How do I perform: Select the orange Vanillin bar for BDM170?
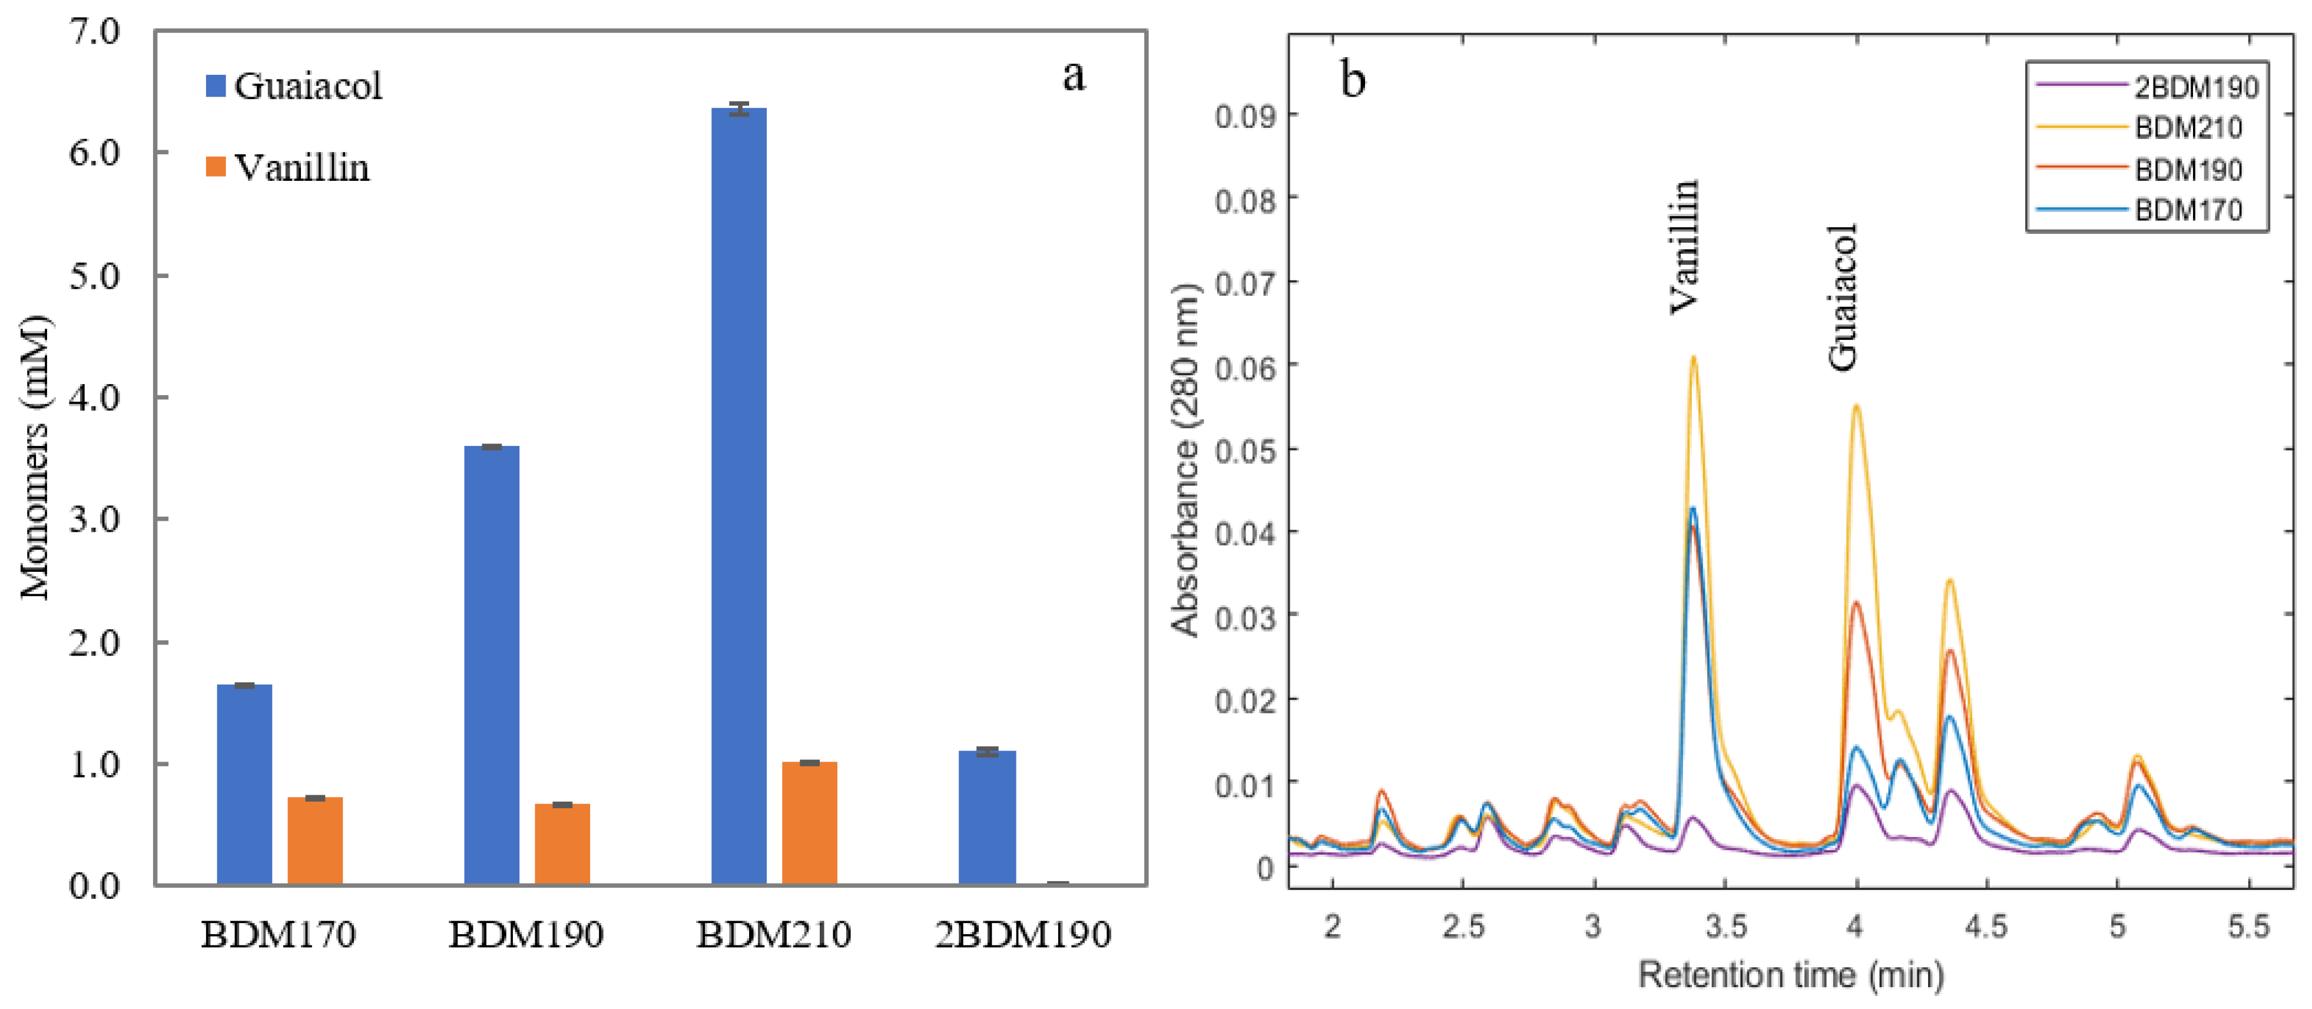[315, 840]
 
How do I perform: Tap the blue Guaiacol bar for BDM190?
[492, 665]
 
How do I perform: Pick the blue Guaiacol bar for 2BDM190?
[986, 817]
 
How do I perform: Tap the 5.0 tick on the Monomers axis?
[94, 276]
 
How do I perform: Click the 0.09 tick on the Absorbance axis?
[1245, 116]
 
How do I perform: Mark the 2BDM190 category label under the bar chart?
[1022, 935]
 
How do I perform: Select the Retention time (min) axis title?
[1791, 974]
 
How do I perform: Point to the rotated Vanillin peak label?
[1684, 247]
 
